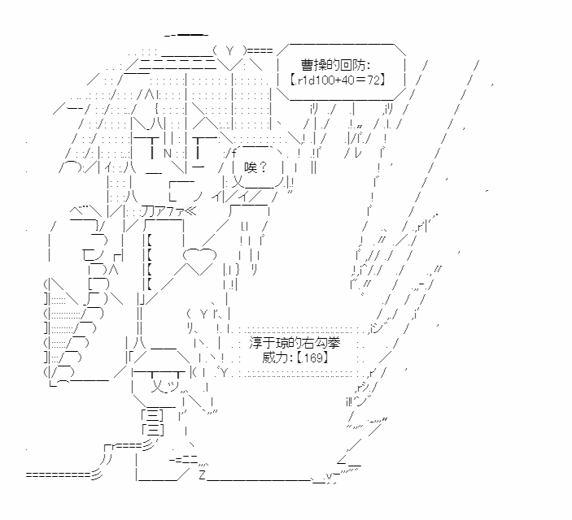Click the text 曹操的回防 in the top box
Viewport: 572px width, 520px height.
coord(334,64)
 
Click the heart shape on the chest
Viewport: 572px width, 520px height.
coord(197,259)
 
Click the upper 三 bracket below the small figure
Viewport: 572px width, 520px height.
coord(153,414)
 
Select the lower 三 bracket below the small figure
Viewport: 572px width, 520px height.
coord(153,429)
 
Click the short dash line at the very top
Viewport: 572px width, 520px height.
coord(186,35)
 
